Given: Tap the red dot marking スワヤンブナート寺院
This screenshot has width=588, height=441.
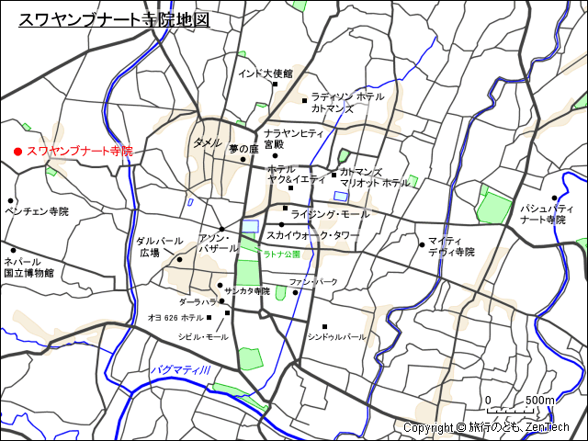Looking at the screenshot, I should (17, 151).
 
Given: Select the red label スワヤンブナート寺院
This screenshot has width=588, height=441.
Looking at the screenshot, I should (79, 151).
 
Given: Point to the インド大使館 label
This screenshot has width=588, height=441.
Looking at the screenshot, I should (265, 73).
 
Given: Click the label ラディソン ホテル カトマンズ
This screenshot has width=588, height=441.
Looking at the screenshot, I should (346, 102).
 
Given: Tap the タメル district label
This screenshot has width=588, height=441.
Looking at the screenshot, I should (207, 142).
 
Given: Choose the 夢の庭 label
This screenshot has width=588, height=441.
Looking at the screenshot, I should (243, 148).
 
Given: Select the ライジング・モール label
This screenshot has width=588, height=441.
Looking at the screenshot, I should (329, 214).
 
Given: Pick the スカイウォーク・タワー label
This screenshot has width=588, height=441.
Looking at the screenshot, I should (312, 235).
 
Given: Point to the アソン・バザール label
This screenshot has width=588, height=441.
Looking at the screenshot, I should (219, 243).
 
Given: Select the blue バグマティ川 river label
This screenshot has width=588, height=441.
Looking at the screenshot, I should (181, 369).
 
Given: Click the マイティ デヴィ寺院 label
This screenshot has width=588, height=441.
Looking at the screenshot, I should (450, 246).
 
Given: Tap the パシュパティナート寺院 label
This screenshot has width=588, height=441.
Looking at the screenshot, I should (542, 214).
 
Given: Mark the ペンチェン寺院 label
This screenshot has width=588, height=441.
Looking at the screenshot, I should (37, 211).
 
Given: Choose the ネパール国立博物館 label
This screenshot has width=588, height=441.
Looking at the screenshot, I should (28, 267).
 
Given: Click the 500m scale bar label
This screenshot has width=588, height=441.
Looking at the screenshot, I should (540, 401).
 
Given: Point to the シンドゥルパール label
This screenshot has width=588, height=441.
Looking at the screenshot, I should (336, 337).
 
